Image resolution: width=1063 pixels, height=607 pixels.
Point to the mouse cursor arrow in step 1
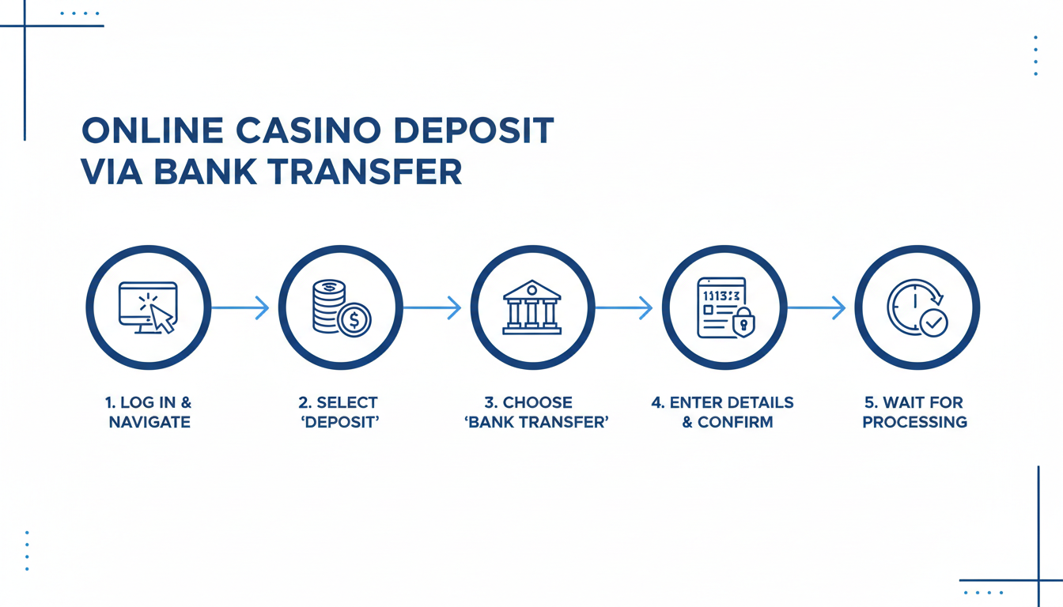[x=162, y=318]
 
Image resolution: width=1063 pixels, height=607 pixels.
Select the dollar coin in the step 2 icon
[x=354, y=321]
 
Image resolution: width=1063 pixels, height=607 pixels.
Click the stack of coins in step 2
[x=328, y=304]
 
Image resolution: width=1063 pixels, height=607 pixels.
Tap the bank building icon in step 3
[x=532, y=307]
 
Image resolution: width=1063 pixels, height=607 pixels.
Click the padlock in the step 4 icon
[x=743, y=322]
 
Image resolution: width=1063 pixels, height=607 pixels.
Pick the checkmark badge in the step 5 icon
[x=934, y=322]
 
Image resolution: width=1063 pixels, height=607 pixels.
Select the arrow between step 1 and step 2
[x=240, y=307]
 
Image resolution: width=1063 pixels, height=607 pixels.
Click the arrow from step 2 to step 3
[x=433, y=307]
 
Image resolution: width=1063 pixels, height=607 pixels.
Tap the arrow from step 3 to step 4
[x=624, y=307]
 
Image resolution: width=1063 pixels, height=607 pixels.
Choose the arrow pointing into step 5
[x=817, y=307]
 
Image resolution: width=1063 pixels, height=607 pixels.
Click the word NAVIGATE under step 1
[x=149, y=422]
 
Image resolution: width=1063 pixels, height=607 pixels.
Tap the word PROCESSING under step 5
[x=915, y=422]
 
